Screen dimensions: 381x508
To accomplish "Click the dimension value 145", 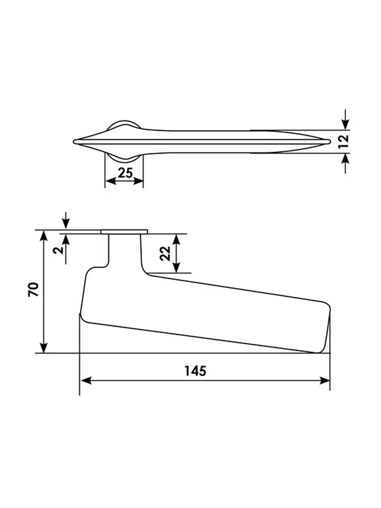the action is point(196,370).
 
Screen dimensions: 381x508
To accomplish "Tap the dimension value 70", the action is point(33,290).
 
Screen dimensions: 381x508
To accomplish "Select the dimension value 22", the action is point(165,254).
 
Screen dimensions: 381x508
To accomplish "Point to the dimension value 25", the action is point(125,173).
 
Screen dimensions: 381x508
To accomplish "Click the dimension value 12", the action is point(343,142).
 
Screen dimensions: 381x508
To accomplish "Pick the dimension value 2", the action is point(58,250).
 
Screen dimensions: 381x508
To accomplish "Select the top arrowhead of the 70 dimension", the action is point(44,236).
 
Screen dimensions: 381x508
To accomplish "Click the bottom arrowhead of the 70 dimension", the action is point(44,347).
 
